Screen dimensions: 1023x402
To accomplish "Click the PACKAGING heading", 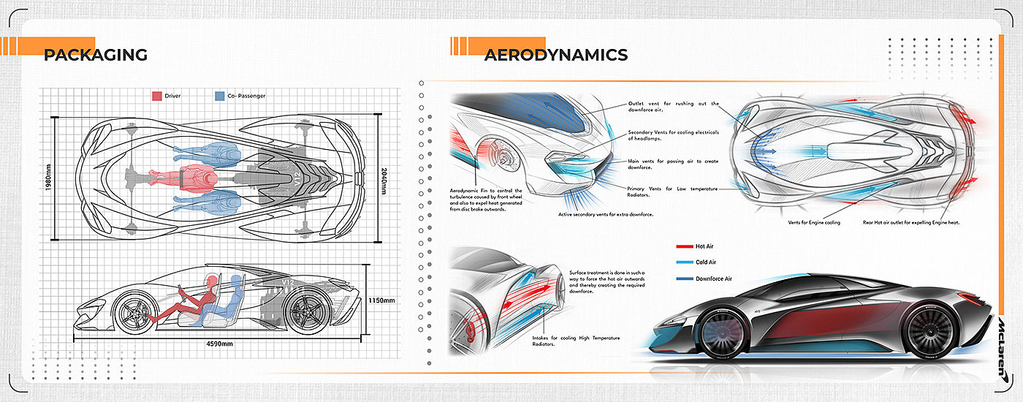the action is (x=96, y=55).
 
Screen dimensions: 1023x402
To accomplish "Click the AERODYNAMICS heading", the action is (x=555, y=55).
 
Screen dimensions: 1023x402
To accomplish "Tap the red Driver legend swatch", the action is (x=156, y=96).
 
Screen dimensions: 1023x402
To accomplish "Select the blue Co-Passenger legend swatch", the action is (x=220, y=96).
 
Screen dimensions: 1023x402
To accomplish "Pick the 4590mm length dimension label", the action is (x=218, y=344).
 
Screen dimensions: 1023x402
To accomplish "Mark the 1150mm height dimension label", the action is (x=381, y=300).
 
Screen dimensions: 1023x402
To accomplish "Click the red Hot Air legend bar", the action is (x=685, y=247).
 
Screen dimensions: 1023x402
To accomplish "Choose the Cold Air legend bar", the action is (x=685, y=262).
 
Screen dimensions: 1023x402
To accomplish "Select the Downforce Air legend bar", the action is (x=685, y=278).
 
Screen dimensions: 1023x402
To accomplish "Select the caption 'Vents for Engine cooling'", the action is (x=814, y=222).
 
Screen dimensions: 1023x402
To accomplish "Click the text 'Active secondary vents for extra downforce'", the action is (x=606, y=214).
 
